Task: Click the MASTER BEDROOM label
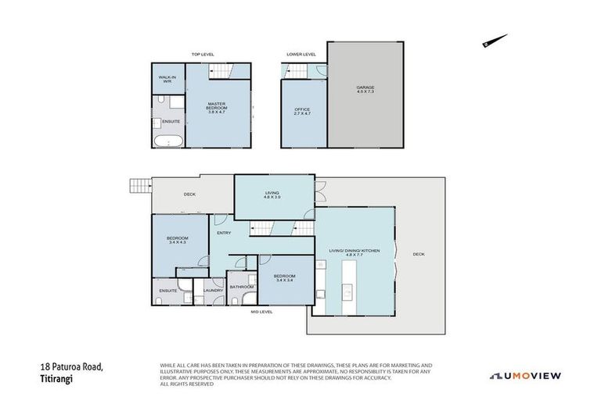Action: [x=216, y=108]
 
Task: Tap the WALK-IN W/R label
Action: [x=167, y=79]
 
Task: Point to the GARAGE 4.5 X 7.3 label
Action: [x=365, y=90]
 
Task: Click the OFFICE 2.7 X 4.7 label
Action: [x=302, y=111]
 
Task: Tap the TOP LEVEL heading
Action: [x=203, y=54]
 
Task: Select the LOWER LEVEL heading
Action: [x=300, y=54]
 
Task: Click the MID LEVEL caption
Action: [x=261, y=312]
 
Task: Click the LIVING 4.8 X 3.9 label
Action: [x=272, y=195]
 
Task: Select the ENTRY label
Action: [x=224, y=232]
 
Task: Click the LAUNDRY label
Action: [x=213, y=291]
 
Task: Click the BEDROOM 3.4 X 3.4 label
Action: [x=283, y=277]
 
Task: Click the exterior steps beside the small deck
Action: [x=139, y=185]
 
